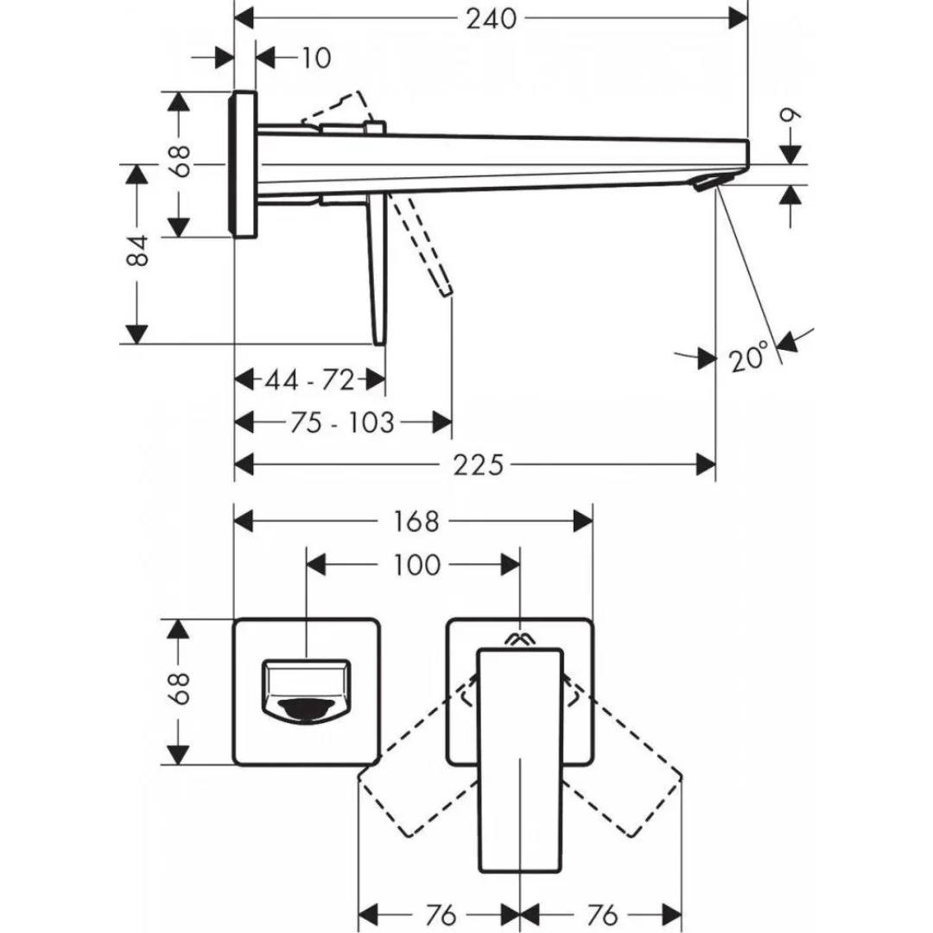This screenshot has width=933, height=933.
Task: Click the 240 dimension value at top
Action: (491, 18)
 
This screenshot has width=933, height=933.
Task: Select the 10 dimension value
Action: (317, 59)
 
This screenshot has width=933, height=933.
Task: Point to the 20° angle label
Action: (748, 357)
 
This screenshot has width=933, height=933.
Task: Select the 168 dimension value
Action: (416, 522)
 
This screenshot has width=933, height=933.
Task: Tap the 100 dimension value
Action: (416, 565)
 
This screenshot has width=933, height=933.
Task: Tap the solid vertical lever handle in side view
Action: (378, 268)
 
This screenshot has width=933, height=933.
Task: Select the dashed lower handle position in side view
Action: (422, 246)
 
